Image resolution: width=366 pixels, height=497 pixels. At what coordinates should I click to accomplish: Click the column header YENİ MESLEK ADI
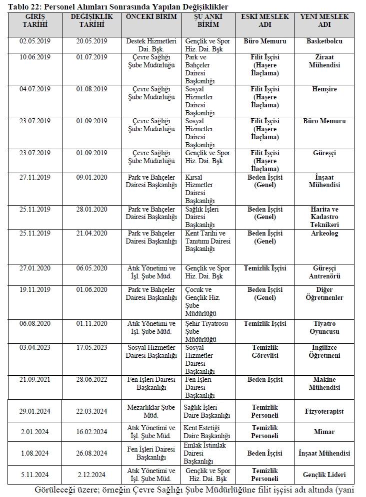(324, 20)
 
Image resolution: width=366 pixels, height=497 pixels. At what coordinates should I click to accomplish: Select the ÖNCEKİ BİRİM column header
(150, 17)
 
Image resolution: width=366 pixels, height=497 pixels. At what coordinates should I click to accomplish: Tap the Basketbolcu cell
(324, 41)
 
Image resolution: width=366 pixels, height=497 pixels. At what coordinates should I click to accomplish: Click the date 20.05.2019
(92, 41)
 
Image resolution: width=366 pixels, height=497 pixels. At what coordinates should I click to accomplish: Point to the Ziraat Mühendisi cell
(324, 61)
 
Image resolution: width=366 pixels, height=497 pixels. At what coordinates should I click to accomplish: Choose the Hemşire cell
(324, 89)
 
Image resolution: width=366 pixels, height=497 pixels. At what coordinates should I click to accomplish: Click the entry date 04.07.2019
(35, 89)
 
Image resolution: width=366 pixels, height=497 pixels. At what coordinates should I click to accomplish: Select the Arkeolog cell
(324, 234)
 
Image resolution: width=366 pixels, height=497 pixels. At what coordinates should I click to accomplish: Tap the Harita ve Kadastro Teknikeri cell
(324, 217)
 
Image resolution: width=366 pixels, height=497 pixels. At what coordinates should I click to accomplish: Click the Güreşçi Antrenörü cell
(324, 272)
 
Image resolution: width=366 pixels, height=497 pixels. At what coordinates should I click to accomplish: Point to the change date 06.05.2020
(92, 268)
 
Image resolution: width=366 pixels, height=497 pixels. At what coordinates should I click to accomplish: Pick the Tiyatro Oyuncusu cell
(324, 328)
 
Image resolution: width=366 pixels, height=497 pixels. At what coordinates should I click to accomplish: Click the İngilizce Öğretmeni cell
(324, 352)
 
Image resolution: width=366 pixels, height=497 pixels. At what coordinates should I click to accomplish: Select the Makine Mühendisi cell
(324, 384)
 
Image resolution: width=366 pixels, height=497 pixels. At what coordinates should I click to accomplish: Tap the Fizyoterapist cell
(324, 412)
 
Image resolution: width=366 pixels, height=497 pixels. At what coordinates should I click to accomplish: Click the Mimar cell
(324, 432)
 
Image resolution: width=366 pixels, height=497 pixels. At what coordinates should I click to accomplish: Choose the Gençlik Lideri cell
(324, 475)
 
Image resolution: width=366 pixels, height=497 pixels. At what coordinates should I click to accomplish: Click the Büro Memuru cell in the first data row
(264, 41)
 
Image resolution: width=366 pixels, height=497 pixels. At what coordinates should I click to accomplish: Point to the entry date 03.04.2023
(35, 348)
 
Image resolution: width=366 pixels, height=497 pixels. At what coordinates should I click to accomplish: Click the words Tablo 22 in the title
(24, 7)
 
